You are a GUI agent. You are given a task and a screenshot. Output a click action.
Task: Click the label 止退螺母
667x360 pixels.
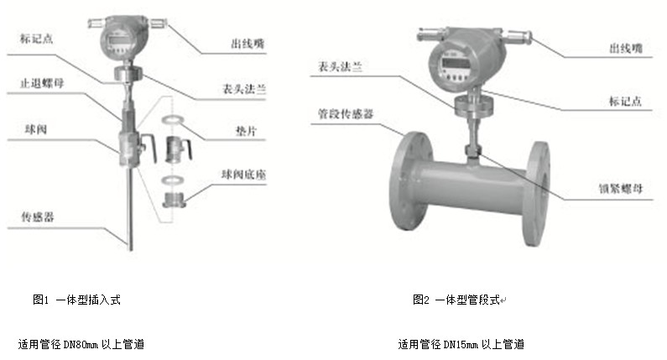tap(42, 82)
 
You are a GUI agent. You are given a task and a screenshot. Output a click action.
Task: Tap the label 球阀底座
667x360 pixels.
tap(243, 174)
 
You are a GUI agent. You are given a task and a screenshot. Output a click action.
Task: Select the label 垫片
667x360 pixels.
tap(247, 131)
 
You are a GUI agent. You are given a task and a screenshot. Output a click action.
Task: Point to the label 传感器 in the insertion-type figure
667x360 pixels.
tap(38, 217)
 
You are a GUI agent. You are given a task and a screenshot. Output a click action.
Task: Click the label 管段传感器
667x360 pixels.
tap(346, 113)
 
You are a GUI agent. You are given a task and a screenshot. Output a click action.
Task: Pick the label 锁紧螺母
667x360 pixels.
tap(621, 188)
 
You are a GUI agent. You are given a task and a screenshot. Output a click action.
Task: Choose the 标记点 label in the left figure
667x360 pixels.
tap(37, 39)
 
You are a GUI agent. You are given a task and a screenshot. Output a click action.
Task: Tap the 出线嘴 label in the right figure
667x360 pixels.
tap(626, 48)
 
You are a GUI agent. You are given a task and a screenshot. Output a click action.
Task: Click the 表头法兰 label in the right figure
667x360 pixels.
tap(341, 66)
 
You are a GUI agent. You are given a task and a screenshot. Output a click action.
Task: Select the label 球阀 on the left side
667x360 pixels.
tap(36, 129)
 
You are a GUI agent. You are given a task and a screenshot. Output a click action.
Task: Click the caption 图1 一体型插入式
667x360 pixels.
tap(76, 300)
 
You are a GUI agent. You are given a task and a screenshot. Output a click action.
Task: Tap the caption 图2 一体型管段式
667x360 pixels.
tap(456, 300)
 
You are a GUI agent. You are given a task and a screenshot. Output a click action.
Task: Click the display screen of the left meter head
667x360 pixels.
tap(115, 41)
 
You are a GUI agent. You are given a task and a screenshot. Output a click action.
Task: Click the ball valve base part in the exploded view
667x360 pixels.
tap(174, 200)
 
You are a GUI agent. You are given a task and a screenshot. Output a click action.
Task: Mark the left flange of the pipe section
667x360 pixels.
tap(410, 181)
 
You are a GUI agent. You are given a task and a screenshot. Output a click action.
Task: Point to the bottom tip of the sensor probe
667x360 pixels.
tap(131, 250)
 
